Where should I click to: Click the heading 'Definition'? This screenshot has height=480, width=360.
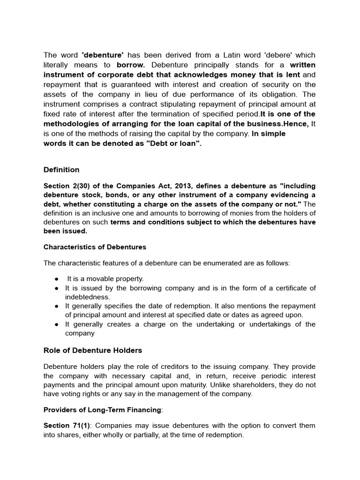pyautogui.click(x=61, y=170)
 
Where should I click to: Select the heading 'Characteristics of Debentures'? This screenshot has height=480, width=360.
pyautogui.click(x=95, y=247)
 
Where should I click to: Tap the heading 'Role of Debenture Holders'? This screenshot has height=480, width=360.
pyautogui.click(x=92, y=350)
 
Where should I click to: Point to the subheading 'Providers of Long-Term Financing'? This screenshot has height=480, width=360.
pyautogui.click(x=102, y=410)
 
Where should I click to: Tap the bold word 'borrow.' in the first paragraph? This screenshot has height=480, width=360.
pyautogui.click(x=131, y=65)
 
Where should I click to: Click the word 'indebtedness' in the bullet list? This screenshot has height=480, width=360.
pyautogui.click(x=87, y=297)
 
